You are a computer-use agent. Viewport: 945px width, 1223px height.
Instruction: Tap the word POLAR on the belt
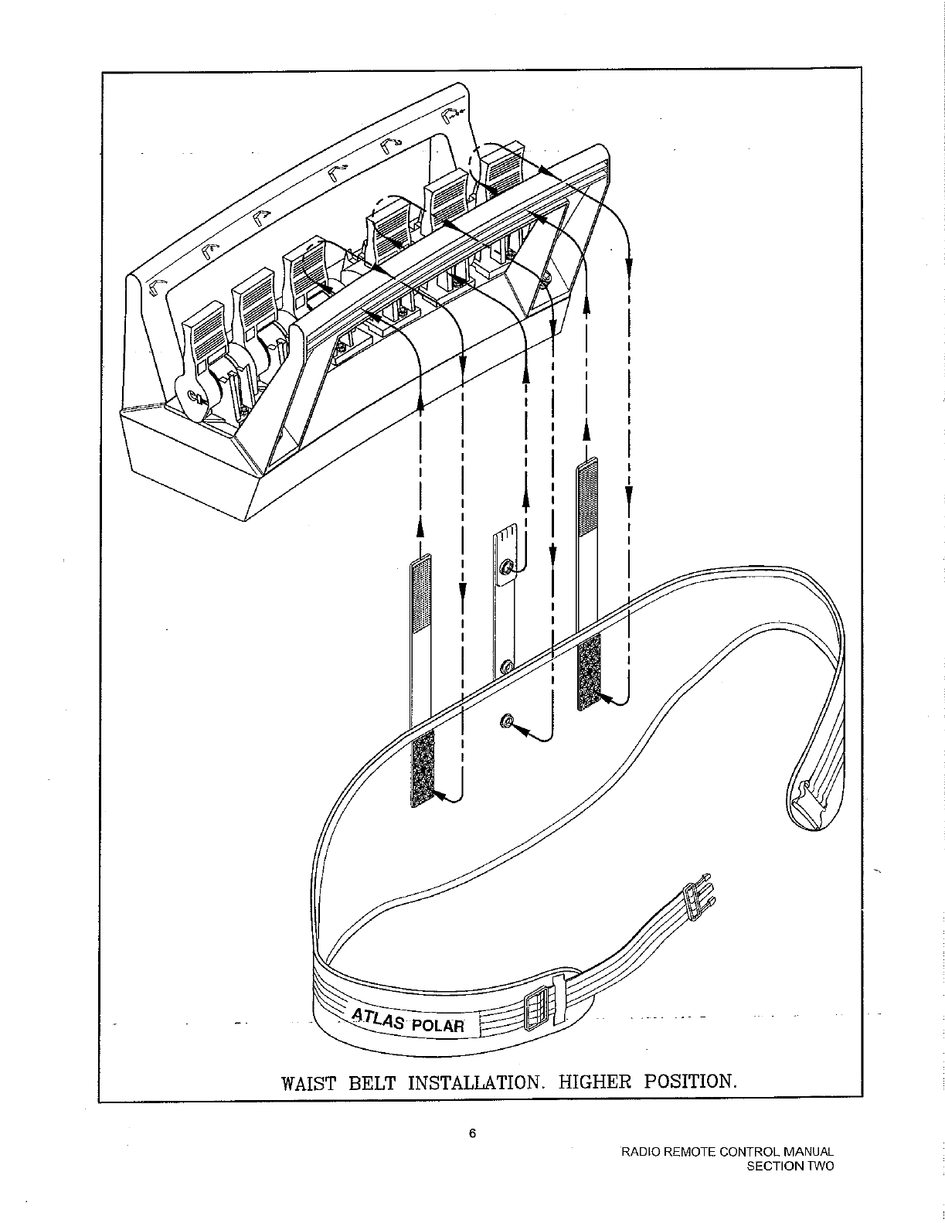pyautogui.click(x=437, y=1026)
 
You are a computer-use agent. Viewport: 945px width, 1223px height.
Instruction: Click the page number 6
pyautogui.click(x=472, y=1133)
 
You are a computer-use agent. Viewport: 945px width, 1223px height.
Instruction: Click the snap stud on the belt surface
pyautogui.click(x=505, y=721)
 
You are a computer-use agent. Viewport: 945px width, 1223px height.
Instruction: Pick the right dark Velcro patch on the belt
pyautogui.click(x=589, y=672)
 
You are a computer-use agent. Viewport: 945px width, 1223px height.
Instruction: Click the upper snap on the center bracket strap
pyautogui.click(x=506, y=568)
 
